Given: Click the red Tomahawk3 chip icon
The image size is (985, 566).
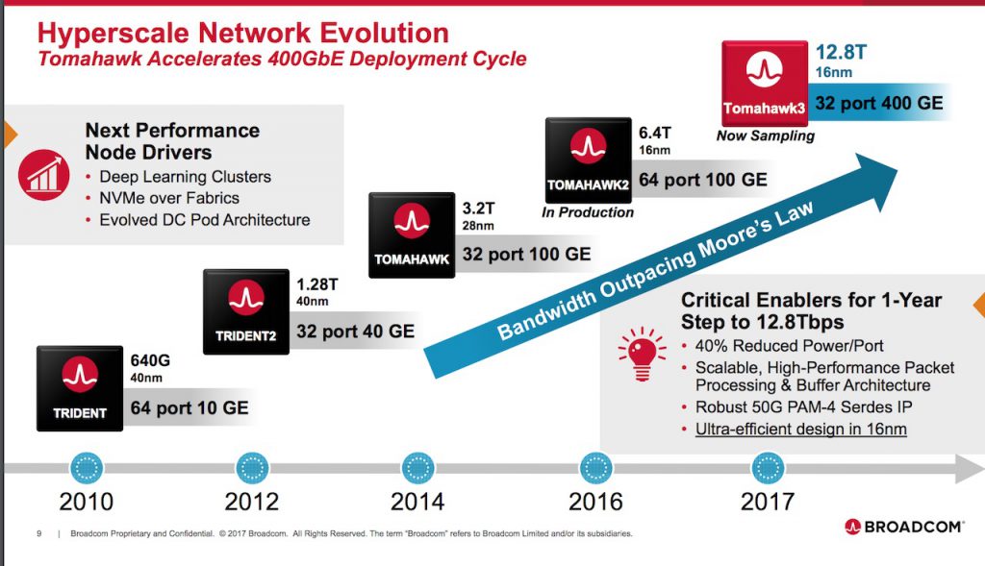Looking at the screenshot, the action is (765, 83).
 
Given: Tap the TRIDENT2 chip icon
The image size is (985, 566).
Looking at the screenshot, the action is (246, 312).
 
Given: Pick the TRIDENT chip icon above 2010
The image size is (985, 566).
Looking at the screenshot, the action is (80, 388).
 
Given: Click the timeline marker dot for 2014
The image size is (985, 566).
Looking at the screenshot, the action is (417, 468).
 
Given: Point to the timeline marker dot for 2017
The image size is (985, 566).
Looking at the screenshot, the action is (768, 468).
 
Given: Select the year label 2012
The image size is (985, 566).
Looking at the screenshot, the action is (251, 502).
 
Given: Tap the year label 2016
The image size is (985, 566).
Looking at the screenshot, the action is (595, 502).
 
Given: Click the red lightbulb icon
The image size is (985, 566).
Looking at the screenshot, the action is (642, 355).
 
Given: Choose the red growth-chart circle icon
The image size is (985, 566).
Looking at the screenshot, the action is (44, 175).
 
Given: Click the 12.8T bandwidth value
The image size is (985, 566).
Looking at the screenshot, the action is (841, 52).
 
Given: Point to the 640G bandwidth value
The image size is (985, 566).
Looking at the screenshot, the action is (150, 360).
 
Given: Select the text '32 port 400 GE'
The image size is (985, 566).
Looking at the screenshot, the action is (879, 103).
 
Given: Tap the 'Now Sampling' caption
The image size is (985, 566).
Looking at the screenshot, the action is (765, 135).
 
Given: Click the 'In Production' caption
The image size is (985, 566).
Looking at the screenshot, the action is (588, 212).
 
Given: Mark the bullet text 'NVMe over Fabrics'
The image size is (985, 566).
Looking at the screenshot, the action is (169, 198).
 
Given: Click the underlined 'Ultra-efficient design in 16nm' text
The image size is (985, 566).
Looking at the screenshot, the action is (801, 430).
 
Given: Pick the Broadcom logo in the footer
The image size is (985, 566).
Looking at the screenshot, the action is (903, 527).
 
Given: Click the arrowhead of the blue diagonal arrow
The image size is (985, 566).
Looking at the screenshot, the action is (874, 180).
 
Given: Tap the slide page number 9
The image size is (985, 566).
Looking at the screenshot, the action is (38, 533).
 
